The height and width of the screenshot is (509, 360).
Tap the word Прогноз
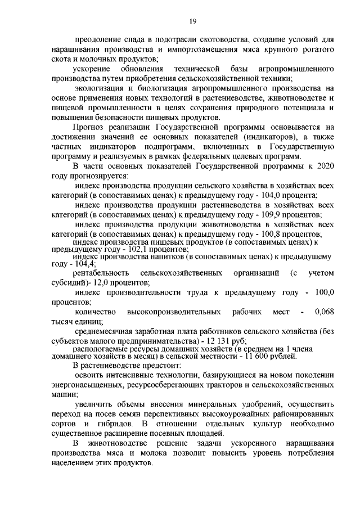(88, 127)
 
